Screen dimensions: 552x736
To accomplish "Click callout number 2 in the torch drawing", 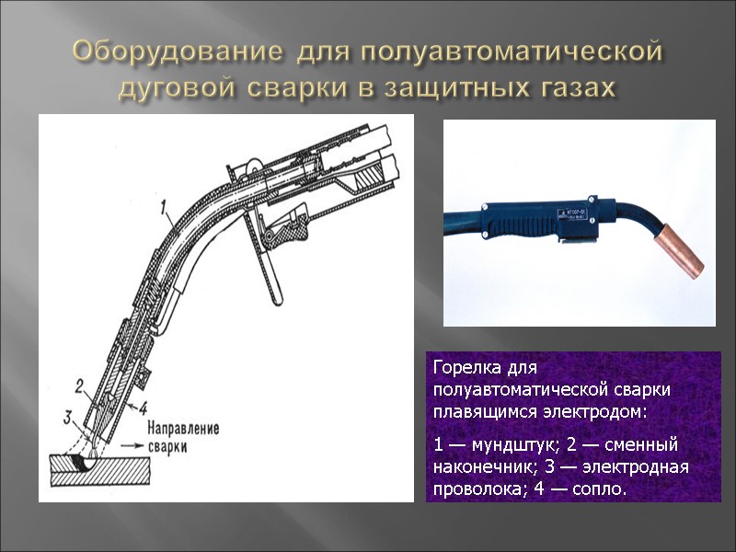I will (x=80, y=385).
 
